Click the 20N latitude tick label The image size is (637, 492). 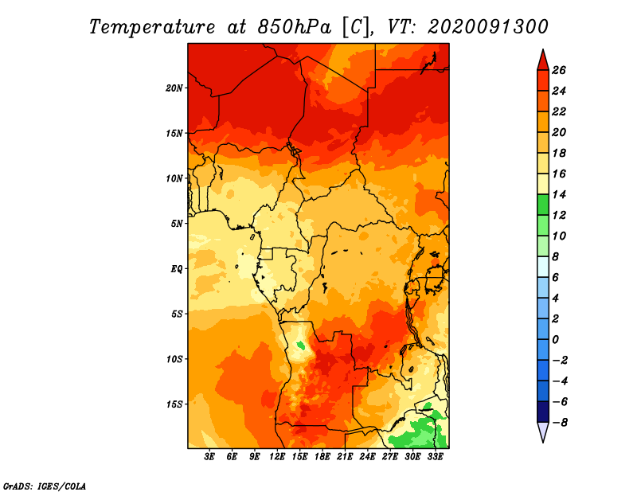pyautogui.click(x=174, y=88)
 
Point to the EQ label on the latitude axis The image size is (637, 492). pyautogui.click(x=176, y=269)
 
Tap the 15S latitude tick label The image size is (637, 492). pyautogui.click(x=174, y=404)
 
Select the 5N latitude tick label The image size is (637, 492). pyautogui.click(x=177, y=224)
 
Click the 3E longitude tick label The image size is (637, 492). pyautogui.click(x=209, y=457)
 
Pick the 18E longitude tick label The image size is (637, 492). pyautogui.click(x=322, y=457)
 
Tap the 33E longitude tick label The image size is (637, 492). pyautogui.click(x=435, y=457)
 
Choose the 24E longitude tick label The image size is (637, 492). pyautogui.click(x=367, y=457)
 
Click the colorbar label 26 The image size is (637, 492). pyautogui.click(x=559, y=70)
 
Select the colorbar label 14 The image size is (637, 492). pyautogui.click(x=559, y=194)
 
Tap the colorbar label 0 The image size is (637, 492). pyautogui.click(x=555, y=340)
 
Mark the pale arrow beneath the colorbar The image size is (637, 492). pyautogui.click(x=543, y=431)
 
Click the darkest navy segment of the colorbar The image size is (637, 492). pyautogui.click(x=543, y=412)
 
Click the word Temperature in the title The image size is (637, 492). pyautogui.click(x=151, y=27)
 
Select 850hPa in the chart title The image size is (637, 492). pyautogui.click(x=294, y=27)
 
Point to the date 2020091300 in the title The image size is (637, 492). pyautogui.click(x=488, y=27)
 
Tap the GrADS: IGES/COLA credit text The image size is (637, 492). pyautogui.click(x=45, y=486)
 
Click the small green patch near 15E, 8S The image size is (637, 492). pyautogui.click(x=301, y=346)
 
